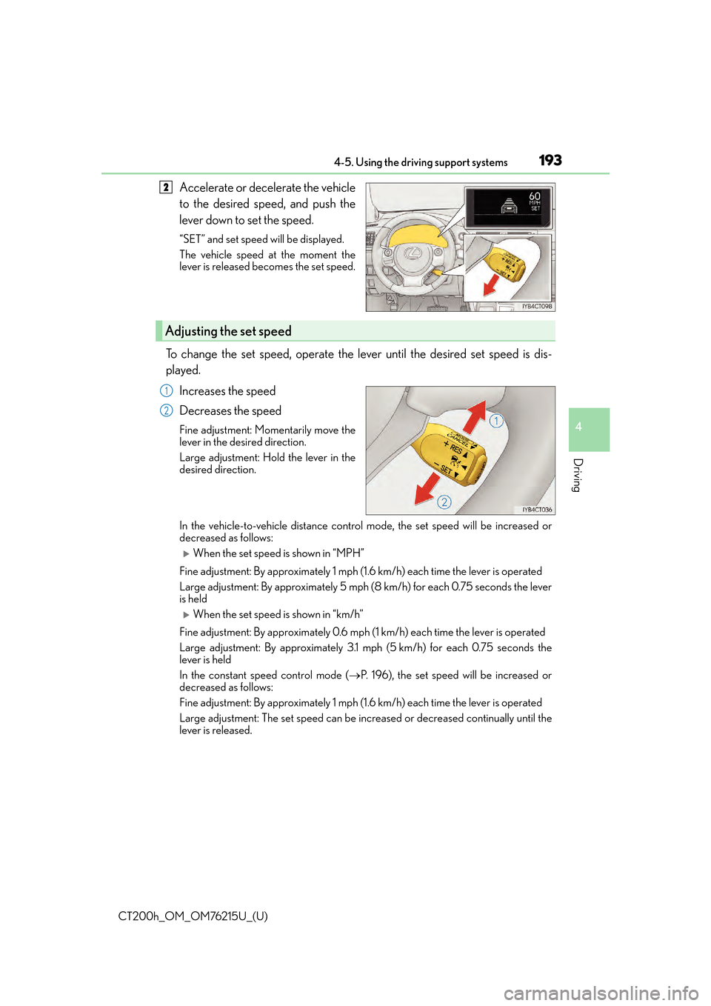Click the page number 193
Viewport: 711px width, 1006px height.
click(550, 161)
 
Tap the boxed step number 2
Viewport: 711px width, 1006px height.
click(166, 187)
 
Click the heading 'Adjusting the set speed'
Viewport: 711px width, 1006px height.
click(228, 331)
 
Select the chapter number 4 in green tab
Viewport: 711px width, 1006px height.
click(578, 427)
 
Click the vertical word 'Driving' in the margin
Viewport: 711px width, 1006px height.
click(578, 475)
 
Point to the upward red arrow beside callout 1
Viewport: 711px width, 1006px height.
click(475, 416)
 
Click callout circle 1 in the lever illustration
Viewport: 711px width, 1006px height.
click(496, 421)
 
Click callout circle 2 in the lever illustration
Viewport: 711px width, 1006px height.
click(444, 502)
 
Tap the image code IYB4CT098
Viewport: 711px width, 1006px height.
click(537, 306)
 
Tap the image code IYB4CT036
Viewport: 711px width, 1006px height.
click(537, 510)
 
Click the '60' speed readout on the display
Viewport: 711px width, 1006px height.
click(535, 196)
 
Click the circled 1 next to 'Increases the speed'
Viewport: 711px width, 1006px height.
click(167, 391)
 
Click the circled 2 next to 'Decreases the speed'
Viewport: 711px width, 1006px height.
click(167, 411)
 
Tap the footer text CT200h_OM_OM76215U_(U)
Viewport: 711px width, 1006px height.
click(193, 916)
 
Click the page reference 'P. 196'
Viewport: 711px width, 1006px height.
click(375, 676)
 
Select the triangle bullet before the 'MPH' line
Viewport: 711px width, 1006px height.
click(187, 553)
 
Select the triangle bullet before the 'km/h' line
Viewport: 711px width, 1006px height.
click(187, 615)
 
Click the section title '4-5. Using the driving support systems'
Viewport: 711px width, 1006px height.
click(421, 163)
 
